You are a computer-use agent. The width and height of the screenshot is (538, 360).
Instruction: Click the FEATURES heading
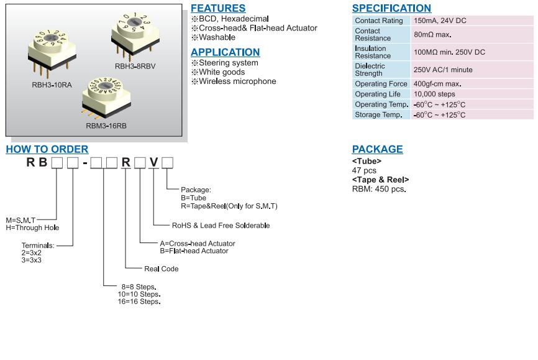(217, 9)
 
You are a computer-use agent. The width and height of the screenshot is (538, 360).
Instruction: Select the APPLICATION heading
(225, 52)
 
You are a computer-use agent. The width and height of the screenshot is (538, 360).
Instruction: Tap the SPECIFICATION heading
(391, 9)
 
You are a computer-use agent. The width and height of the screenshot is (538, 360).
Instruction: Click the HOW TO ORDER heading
(47, 149)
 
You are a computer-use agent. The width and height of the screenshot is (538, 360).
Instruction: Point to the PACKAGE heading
(377, 149)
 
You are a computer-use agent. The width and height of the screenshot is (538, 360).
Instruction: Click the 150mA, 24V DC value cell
(440, 21)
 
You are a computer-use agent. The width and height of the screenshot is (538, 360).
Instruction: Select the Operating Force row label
(381, 84)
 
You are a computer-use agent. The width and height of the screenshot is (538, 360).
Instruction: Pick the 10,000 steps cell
(434, 95)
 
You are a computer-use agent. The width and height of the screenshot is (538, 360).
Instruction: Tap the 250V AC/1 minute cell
(443, 70)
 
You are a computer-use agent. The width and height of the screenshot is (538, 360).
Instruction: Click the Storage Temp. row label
(378, 115)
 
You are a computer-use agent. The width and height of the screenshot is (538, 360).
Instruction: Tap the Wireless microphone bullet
(237, 81)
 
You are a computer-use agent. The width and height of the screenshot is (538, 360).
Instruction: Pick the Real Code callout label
(161, 269)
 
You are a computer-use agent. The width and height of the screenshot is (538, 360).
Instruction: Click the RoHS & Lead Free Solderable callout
(221, 226)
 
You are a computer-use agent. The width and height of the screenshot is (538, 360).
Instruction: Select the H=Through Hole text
(32, 228)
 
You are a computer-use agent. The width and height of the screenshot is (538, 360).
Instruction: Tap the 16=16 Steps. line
(139, 302)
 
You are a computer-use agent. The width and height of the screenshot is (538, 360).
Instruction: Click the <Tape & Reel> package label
(380, 180)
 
